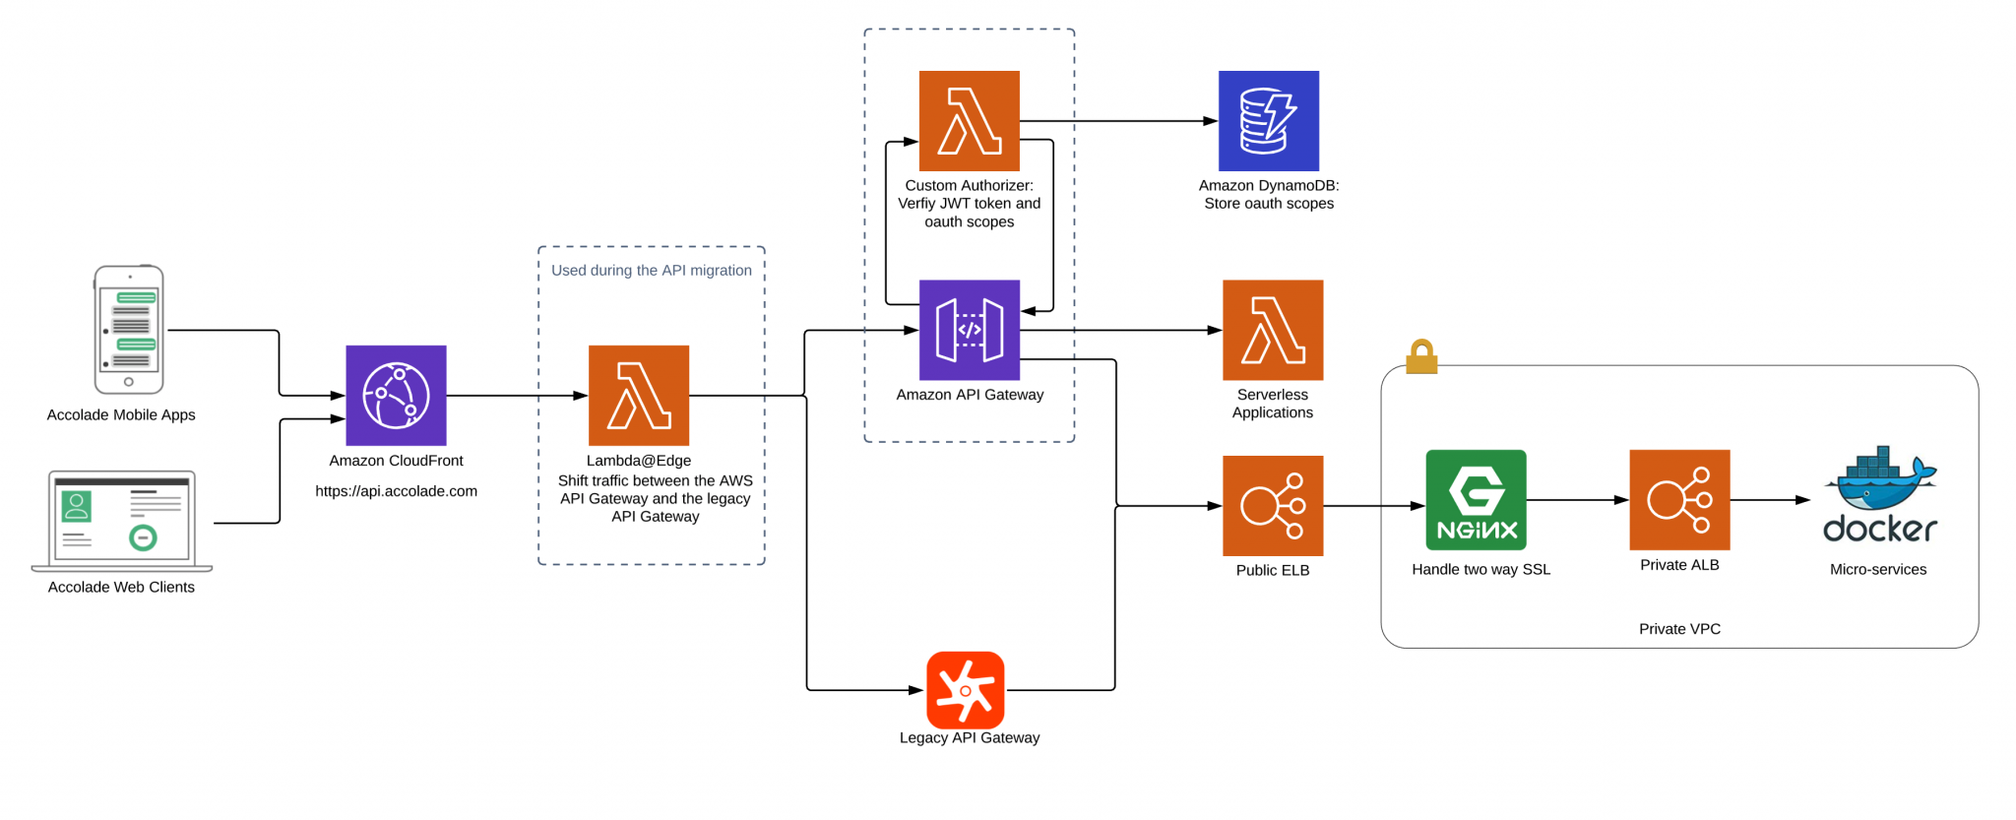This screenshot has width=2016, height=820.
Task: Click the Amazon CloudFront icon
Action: (x=396, y=395)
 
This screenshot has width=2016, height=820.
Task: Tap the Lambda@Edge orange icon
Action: (x=639, y=395)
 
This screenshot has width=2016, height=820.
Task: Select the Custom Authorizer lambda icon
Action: (x=969, y=120)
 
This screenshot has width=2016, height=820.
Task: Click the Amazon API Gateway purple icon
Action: (x=969, y=330)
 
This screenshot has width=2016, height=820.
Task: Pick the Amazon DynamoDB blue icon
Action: (x=1268, y=120)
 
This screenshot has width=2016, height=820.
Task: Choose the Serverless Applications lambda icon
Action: (x=1272, y=330)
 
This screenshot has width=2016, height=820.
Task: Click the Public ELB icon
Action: (x=1272, y=505)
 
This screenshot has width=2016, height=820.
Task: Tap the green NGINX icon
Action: (x=1476, y=499)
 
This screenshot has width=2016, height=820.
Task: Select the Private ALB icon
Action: (x=1679, y=499)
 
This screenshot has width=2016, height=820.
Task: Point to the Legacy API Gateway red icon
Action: (x=965, y=689)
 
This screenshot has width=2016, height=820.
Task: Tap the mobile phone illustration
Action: (x=129, y=329)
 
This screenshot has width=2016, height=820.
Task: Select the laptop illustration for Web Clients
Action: (x=122, y=520)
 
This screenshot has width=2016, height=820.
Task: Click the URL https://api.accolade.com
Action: (x=396, y=490)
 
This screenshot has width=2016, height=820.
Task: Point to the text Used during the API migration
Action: (x=651, y=270)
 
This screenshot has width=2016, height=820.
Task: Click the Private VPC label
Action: (x=1679, y=628)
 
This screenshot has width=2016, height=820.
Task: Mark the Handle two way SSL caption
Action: (x=1480, y=569)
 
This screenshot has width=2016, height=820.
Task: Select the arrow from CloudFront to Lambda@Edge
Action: (x=517, y=396)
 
